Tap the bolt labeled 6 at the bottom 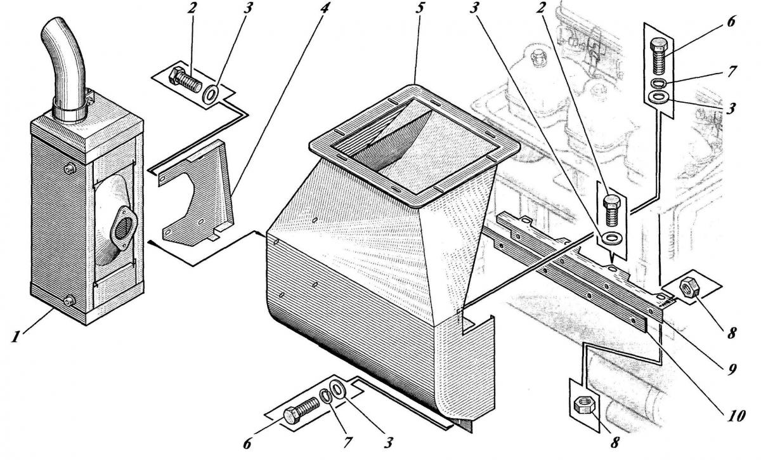click(x=302, y=409)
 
